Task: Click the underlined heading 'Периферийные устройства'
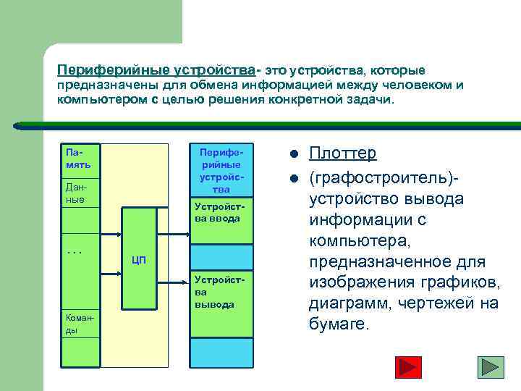(156, 70)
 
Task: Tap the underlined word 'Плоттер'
(343, 154)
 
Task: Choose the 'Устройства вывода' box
(221, 292)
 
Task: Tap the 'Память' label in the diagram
(78, 159)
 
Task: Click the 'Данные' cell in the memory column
(75, 192)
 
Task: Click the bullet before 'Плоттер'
(293, 154)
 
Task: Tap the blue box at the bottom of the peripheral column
(221, 353)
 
